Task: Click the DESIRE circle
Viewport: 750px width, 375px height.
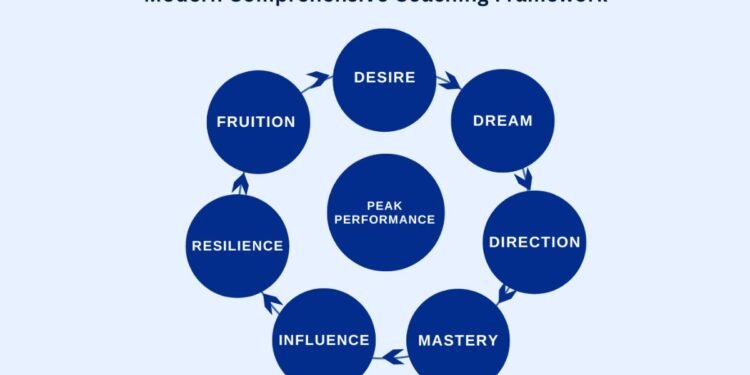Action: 384,77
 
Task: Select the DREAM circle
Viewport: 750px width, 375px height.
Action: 502,121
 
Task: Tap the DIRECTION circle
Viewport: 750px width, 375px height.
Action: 533,241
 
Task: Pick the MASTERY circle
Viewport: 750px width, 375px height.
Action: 457,339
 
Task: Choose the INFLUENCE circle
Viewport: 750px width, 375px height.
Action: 323,339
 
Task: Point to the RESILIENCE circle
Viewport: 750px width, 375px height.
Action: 237,245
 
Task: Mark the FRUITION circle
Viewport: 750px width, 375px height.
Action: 257,122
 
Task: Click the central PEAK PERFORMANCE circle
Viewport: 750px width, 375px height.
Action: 385,212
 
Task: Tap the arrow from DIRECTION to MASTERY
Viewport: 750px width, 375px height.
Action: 505,294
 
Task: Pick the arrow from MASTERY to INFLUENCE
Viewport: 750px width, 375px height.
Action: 391,354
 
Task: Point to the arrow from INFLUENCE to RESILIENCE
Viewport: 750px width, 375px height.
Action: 269,301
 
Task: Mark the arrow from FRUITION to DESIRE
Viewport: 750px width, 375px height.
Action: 319,79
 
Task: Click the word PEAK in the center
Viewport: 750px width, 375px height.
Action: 385,206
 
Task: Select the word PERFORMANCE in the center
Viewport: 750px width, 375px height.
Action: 385,220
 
